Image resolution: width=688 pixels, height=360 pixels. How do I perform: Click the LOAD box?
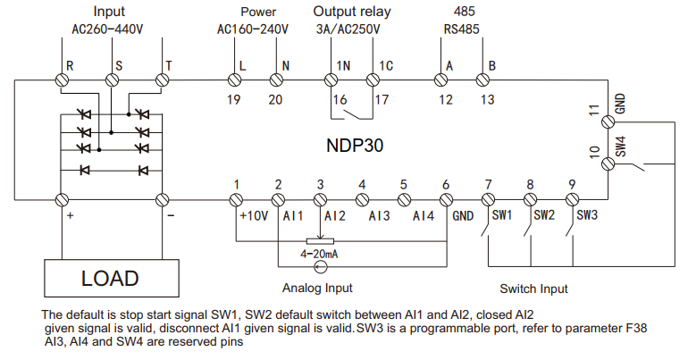pyautogui.click(x=110, y=278)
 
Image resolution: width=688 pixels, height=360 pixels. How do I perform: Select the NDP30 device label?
pyautogui.click(x=355, y=146)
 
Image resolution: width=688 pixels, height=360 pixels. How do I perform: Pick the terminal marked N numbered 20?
pyautogui.click(x=276, y=80)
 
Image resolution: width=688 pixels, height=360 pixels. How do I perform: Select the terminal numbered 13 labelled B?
pyautogui.click(x=483, y=80)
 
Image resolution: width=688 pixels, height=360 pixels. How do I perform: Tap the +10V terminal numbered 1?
pyautogui.click(x=237, y=198)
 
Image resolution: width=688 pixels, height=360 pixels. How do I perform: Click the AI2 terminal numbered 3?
pyautogui.click(x=320, y=198)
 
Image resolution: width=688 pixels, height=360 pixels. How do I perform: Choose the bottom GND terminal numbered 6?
pyautogui.click(x=446, y=198)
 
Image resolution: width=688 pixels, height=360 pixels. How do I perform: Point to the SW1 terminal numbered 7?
pyautogui.click(x=488, y=198)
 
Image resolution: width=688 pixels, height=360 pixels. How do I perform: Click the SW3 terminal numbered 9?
pyautogui.click(x=572, y=198)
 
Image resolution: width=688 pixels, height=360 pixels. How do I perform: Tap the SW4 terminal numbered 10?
pyautogui.click(x=608, y=162)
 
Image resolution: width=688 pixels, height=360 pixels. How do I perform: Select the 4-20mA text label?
pyautogui.click(x=319, y=254)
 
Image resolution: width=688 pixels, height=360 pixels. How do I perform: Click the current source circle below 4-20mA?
pyautogui.click(x=320, y=266)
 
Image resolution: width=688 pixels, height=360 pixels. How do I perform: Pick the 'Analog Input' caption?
pyautogui.click(x=317, y=288)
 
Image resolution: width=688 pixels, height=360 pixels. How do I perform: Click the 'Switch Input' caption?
pyautogui.click(x=533, y=289)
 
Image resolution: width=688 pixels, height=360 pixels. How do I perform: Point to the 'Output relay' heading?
pyautogui.click(x=352, y=12)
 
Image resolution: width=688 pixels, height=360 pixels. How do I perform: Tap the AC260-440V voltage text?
pyautogui.click(x=107, y=29)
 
